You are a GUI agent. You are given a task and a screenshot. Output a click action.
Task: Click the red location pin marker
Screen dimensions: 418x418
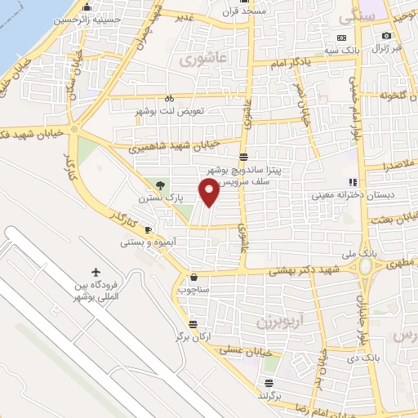pos(210,193)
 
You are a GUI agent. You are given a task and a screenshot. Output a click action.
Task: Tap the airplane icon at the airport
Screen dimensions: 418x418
pos(96,270)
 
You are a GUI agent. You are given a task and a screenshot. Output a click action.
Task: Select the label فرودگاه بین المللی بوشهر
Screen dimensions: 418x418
pos(96,291)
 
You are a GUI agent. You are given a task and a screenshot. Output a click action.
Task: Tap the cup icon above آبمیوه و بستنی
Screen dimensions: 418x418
pos(148,229)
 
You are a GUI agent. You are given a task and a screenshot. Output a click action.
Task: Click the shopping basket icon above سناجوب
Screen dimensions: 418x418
pos(193,277)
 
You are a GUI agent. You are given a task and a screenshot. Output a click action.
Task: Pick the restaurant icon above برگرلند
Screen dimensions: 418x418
pos(269,382)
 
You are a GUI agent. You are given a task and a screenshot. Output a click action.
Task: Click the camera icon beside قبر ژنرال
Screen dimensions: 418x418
pos(387,36)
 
